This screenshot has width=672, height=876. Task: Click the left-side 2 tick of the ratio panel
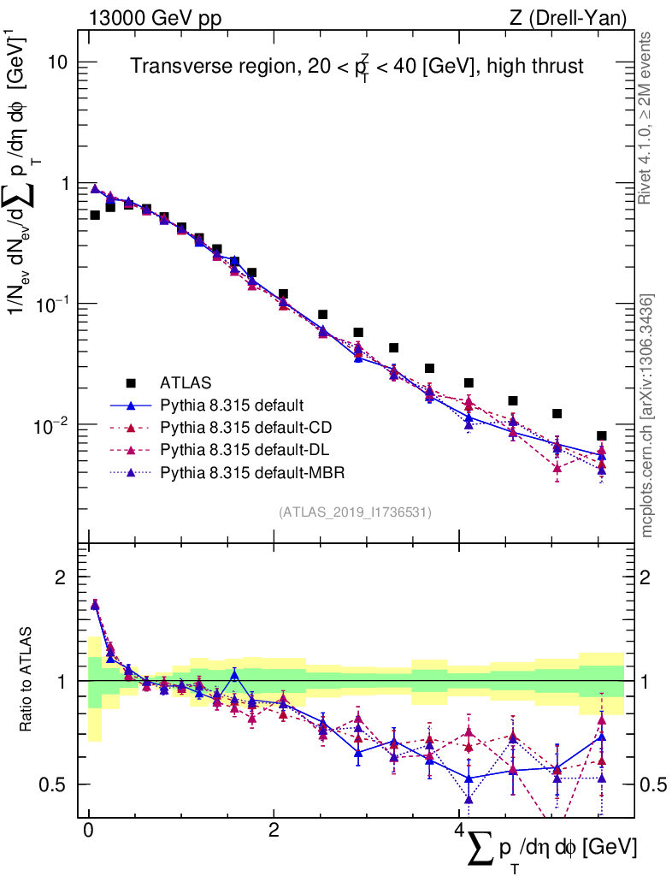click(x=63, y=577)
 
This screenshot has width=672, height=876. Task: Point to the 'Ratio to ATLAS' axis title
click(x=27, y=680)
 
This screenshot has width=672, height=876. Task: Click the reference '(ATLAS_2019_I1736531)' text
click(x=354, y=512)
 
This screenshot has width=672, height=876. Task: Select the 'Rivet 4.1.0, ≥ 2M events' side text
click(x=646, y=119)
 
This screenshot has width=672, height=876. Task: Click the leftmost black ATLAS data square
click(x=95, y=215)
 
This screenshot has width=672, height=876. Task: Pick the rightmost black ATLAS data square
click(x=602, y=435)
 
